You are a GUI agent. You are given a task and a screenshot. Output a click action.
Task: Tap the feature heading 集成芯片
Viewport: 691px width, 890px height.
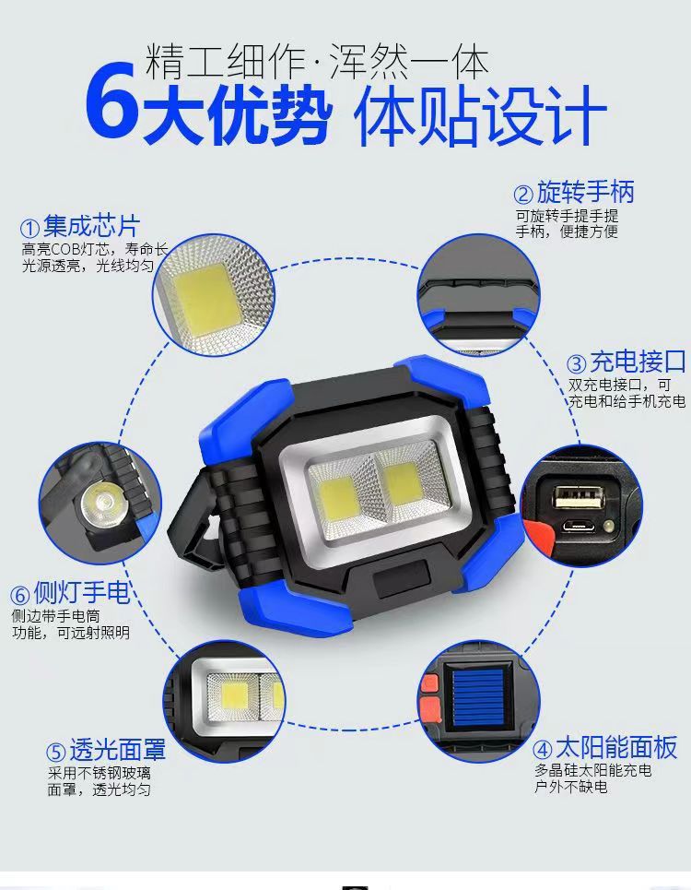pos(91,225)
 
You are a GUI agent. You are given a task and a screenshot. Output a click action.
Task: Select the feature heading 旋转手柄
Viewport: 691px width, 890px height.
pos(586,193)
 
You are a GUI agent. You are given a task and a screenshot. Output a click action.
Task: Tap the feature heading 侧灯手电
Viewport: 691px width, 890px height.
pos(82,591)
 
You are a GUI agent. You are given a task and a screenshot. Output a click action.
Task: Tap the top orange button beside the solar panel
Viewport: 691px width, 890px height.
pos(429,684)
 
